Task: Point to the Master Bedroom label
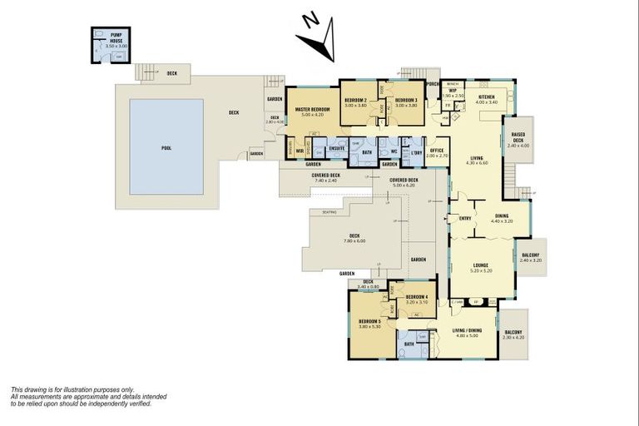(x=312, y=110)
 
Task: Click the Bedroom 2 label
(x=356, y=101)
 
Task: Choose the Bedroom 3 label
(x=406, y=101)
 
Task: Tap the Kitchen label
(x=486, y=97)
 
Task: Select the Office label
(x=437, y=151)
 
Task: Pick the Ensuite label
(x=337, y=148)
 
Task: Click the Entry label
(x=465, y=219)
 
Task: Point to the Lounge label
(x=482, y=265)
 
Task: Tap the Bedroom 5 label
(x=369, y=321)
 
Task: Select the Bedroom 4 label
(x=417, y=297)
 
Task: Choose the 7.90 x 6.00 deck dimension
(x=354, y=240)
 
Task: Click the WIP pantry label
(x=453, y=91)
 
